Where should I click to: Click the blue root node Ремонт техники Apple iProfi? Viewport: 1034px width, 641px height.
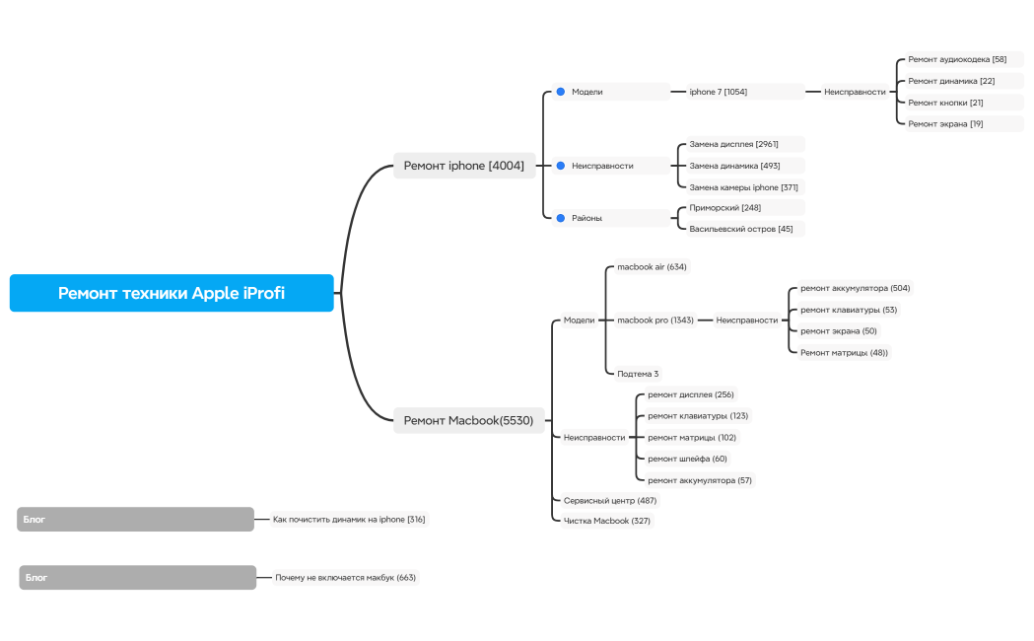point(172,293)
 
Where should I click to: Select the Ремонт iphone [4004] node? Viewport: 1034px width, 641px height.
point(463,166)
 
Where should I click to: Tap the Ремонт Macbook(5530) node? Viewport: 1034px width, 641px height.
point(468,420)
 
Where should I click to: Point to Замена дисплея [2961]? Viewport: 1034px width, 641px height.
point(733,144)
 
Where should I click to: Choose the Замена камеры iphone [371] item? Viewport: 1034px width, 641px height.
point(743,187)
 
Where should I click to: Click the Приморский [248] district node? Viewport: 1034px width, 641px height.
point(724,208)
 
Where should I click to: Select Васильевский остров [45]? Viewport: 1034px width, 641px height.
point(740,229)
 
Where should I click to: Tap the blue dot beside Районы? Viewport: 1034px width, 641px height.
point(561,217)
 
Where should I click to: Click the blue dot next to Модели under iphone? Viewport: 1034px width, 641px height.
point(561,92)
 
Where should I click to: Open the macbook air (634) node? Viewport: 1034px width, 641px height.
point(652,266)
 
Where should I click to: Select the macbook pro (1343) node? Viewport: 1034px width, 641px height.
point(655,320)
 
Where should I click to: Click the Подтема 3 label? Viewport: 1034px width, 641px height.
point(638,374)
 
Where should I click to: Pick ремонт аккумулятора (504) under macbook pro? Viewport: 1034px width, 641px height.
point(855,288)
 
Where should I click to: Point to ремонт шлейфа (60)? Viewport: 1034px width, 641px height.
point(687,459)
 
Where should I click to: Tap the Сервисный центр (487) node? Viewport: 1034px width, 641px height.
point(610,500)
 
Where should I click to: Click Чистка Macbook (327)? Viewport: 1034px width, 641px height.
point(606,521)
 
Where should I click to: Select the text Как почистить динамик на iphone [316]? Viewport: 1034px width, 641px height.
point(349,519)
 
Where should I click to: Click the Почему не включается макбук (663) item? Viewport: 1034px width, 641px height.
point(346,577)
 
